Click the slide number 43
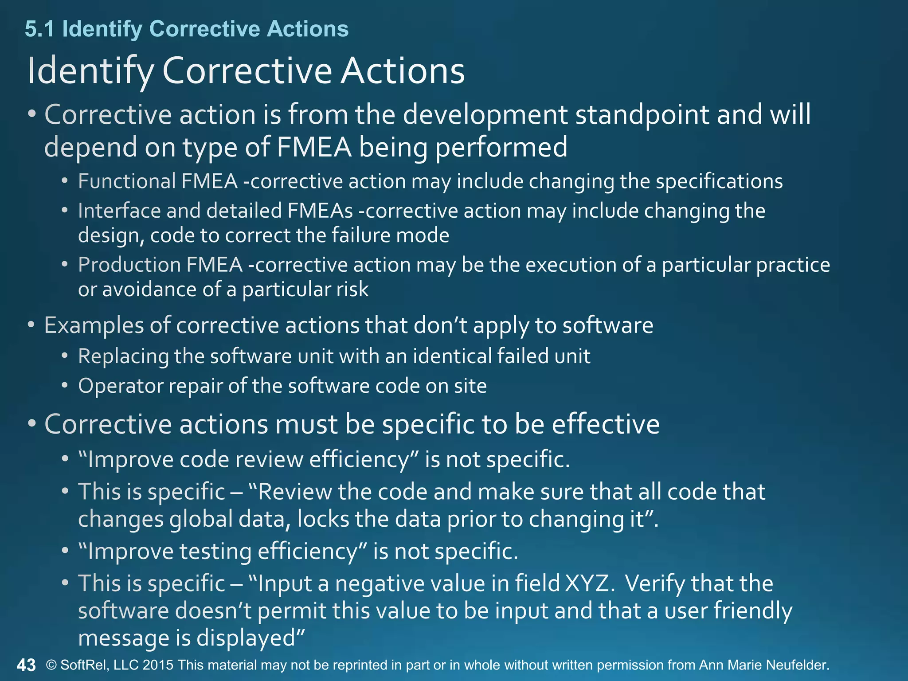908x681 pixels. pyautogui.click(x=26, y=665)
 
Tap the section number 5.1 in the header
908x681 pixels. pyautogui.click(x=39, y=29)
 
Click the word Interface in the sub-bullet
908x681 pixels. pyautogui.click(x=119, y=211)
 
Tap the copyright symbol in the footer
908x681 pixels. pyautogui.click(x=52, y=665)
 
